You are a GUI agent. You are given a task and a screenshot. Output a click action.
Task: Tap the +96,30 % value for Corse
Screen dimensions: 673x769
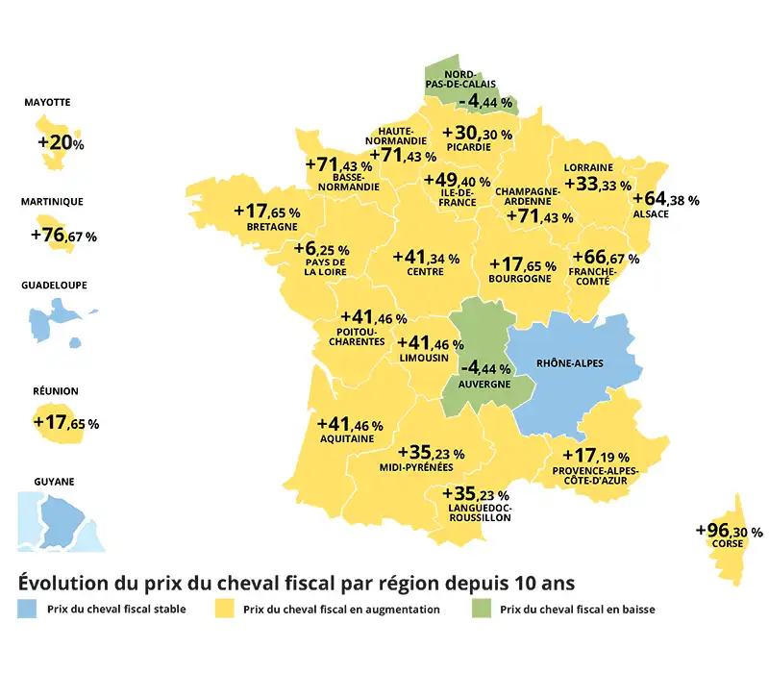pyautogui.click(x=729, y=531)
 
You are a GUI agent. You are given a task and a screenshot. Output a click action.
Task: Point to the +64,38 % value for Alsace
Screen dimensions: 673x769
pyautogui.click(x=665, y=200)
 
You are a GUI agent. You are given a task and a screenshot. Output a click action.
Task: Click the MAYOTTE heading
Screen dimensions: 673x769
pyautogui.click(x=47, y=102)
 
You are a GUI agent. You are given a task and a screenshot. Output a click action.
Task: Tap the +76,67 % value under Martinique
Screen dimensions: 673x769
pyautogui.click(x=63, y=236)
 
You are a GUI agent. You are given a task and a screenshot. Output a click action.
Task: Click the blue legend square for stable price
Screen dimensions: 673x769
pyautogui.click(x=28, y=609)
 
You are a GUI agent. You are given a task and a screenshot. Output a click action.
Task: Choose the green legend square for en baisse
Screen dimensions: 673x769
pyautogui.click(x=480, y=609)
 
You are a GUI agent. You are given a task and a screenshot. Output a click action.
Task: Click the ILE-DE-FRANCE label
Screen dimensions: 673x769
pyautogui.click(x=458, y=198)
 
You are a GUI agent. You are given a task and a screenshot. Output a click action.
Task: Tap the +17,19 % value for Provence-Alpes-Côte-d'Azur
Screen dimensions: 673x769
pyautogui.click(x=594, y=455)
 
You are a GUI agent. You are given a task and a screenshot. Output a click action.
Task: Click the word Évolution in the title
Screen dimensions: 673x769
pyautogui.click(x=62, y=584)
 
